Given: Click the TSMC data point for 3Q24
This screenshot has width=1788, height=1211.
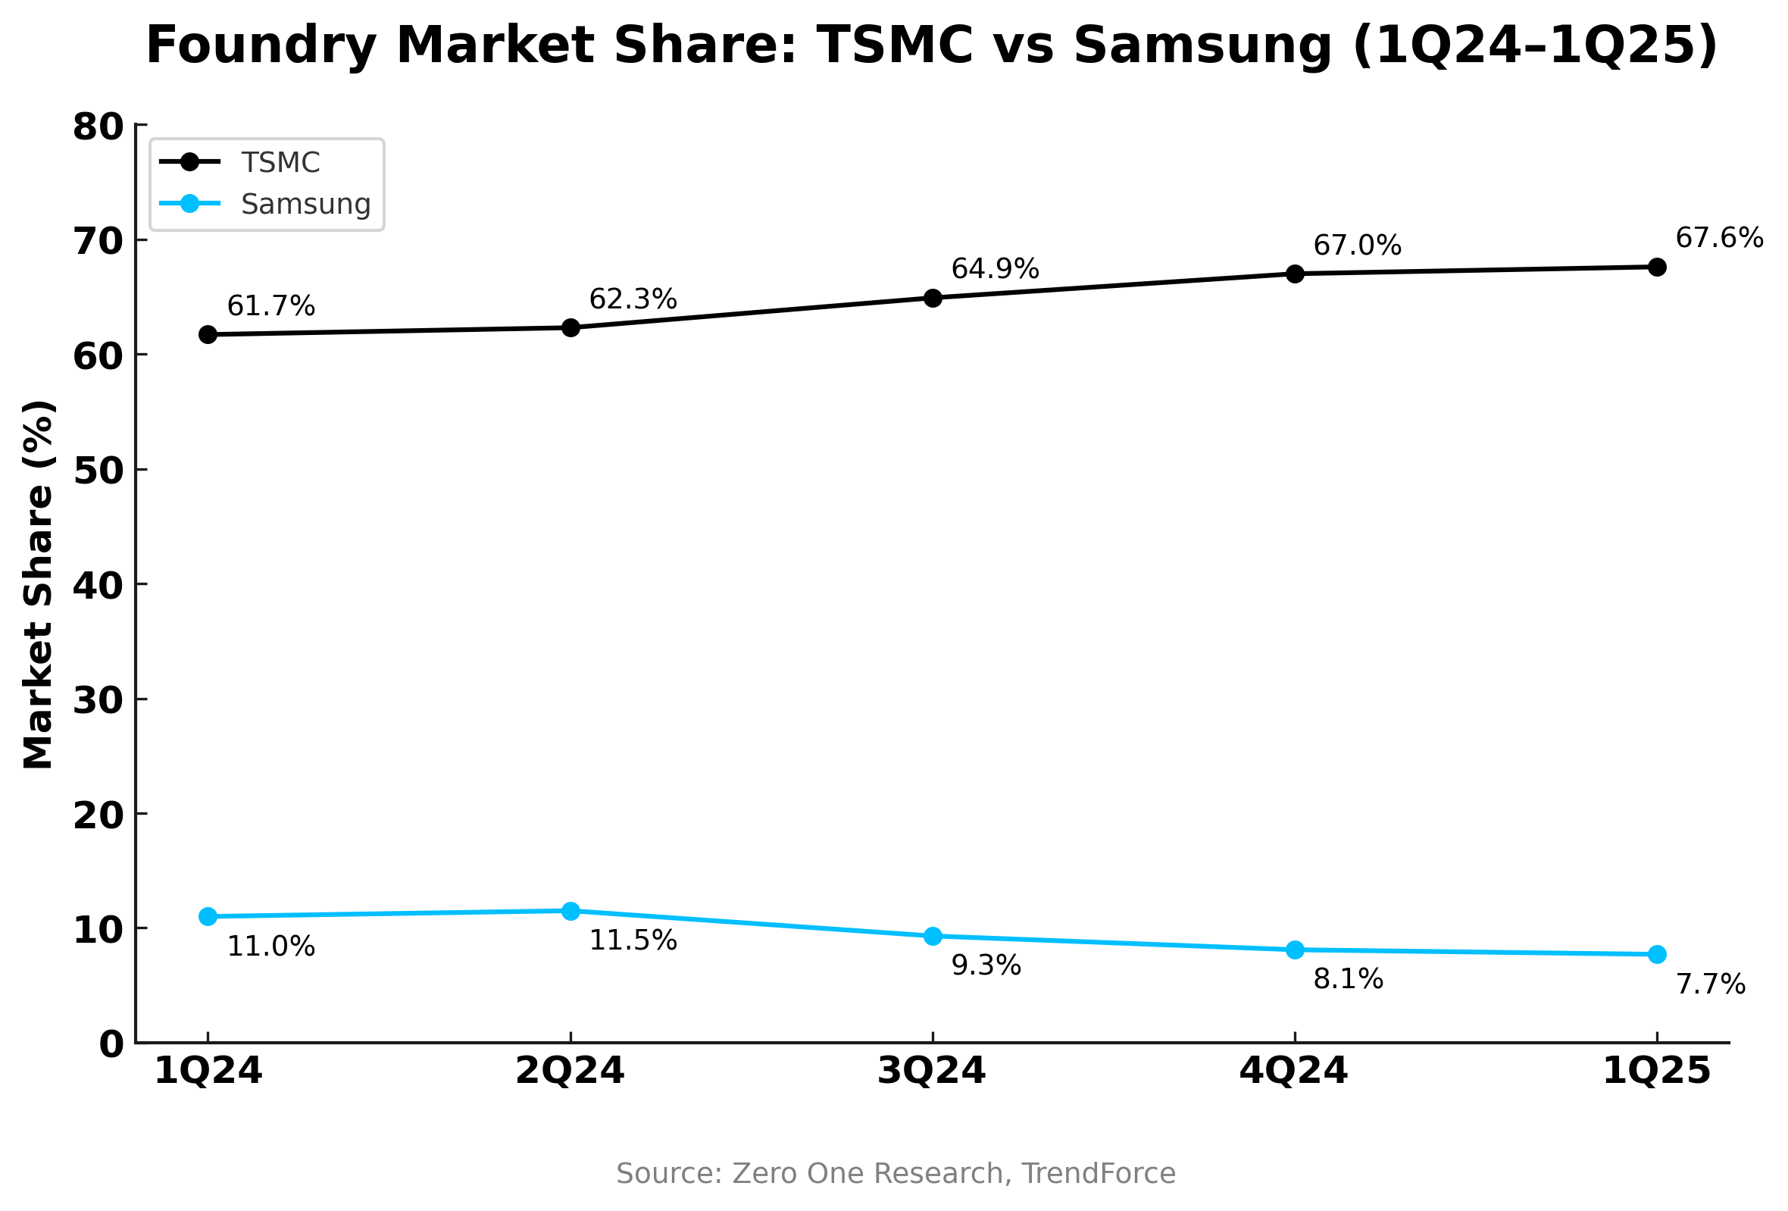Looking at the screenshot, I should pos(933,298).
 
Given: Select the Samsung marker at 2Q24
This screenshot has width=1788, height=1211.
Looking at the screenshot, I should pos(570,911).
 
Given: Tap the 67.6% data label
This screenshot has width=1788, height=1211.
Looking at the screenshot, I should pos(1719,239).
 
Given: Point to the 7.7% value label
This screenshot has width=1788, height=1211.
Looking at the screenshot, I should pos(1710,984).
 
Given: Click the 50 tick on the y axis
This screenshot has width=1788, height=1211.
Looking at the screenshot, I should pos(98,471).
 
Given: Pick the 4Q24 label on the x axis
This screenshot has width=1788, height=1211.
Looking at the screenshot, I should pos(1293,1071).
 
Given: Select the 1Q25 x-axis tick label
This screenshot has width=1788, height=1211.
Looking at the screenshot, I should pos(1656,1071).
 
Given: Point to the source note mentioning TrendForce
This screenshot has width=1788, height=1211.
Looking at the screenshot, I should pos(896,1173).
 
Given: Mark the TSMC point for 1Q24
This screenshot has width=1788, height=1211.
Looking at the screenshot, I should pos(208,335).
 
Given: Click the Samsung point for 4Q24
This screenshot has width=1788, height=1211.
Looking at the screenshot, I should pos(1295,950).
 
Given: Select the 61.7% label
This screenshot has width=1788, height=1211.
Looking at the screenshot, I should pos(270,306).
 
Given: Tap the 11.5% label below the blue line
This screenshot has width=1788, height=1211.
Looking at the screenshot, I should pos(633,940).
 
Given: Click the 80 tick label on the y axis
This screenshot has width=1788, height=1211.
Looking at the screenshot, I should pos(98,127).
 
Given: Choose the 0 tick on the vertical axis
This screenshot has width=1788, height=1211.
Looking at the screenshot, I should pos(111,1044).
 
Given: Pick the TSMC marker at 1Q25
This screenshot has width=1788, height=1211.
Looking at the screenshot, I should pos(1657,267).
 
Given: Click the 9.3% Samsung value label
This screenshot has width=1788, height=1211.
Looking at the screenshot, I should pos(986,965).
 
